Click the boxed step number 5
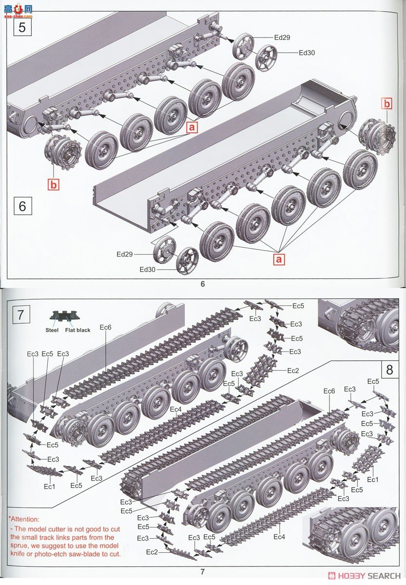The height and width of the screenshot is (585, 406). click(x=22, y=27)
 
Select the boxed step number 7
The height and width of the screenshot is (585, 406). click(x=20, y=315)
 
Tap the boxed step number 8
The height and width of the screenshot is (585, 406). click(x=389, y=370)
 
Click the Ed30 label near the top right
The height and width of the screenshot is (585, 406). click(x=307, y=52)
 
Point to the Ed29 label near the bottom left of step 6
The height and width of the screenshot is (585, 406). click(x=125, y=254)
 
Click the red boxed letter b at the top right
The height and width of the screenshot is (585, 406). click(x=387, y=103)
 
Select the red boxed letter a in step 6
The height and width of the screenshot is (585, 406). click(x=279, y=259)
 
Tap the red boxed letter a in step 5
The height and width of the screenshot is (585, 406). click(x=192, y=127)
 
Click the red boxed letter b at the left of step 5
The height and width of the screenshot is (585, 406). click(x=53, y=184)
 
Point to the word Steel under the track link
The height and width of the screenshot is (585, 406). click(x=52, y=330)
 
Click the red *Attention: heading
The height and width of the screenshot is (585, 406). click(x=24, y=520)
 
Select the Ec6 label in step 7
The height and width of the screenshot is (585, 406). click(x=105, y=327)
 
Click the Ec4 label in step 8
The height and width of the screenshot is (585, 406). click(x=278, y=537)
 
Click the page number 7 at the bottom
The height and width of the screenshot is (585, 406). click(x=203, y=572)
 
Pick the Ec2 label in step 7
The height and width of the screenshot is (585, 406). click(x=293, y=370)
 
